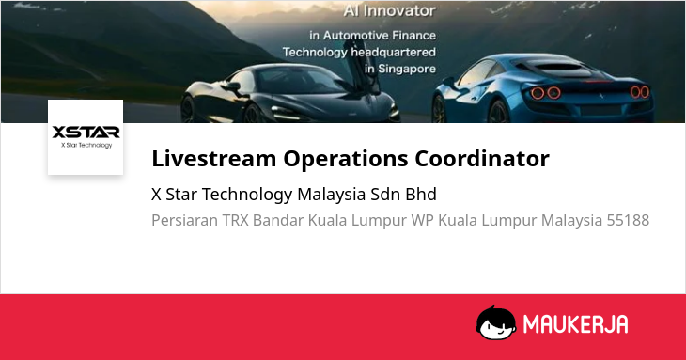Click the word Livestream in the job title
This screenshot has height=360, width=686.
[214, 158]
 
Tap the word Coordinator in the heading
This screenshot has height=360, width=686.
[482, 158]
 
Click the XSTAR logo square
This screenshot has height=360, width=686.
[86, 137]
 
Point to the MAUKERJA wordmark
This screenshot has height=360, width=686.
[576, 324]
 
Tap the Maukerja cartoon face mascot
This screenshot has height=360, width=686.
[496, 322]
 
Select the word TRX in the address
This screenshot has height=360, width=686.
[235, 220]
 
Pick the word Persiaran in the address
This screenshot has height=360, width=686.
[184, 220]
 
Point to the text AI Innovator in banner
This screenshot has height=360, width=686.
[389, 10]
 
